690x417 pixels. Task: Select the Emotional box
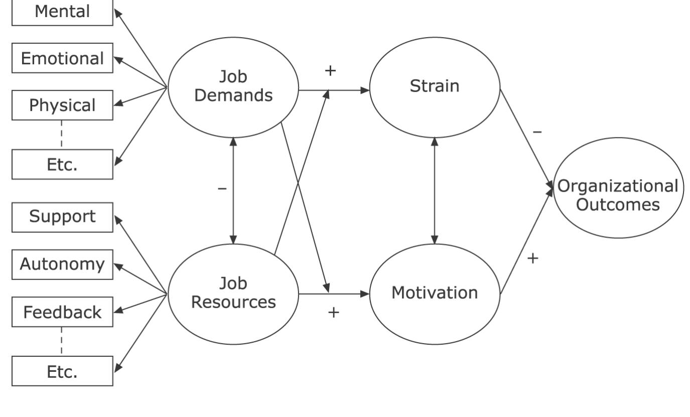click(62, 58)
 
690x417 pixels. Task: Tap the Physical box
click(62, 105)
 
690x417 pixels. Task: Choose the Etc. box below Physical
click(62, 164)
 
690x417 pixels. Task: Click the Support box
click(62, 217)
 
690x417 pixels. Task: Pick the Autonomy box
click(62, 264)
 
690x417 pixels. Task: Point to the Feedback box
click(62, 312)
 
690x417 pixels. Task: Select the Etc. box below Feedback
click(62, 371)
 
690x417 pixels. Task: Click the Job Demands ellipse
click(233, 87)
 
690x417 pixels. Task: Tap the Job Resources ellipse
click(233, 294)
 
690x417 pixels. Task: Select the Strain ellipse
click(435, 87)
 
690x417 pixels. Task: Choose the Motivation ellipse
click(435, 294)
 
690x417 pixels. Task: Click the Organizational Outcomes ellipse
click(618, 195)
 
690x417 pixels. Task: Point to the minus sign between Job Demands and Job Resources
click(222, 189)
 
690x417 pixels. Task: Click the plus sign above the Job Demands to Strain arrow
click(330, 71)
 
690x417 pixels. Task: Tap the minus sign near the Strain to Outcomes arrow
click(537, 132)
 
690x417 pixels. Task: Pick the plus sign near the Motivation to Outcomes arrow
click(533, 258)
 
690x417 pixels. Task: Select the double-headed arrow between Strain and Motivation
click(435, 191)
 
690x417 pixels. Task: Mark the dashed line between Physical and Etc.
click(62, 134)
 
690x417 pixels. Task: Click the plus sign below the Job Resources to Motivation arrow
click(334, 312)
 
